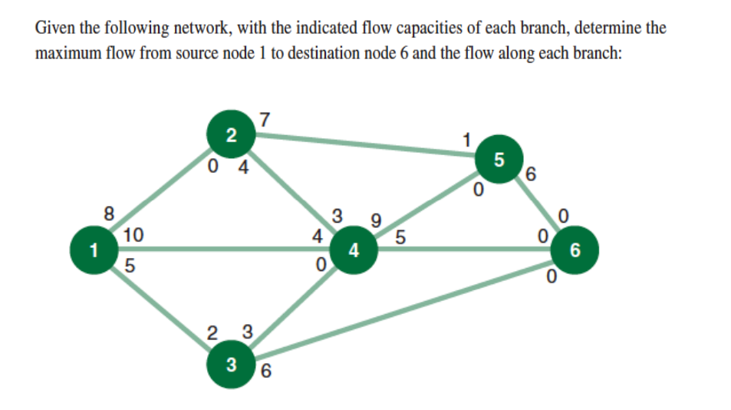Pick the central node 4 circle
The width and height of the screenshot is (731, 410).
coord(353,250)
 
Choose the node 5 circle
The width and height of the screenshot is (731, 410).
coord(499,160)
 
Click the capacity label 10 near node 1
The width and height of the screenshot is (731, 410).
coord(133,236)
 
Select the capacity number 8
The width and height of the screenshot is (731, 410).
coord(110,212)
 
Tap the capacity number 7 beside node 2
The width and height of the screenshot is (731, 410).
coord(265,121)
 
